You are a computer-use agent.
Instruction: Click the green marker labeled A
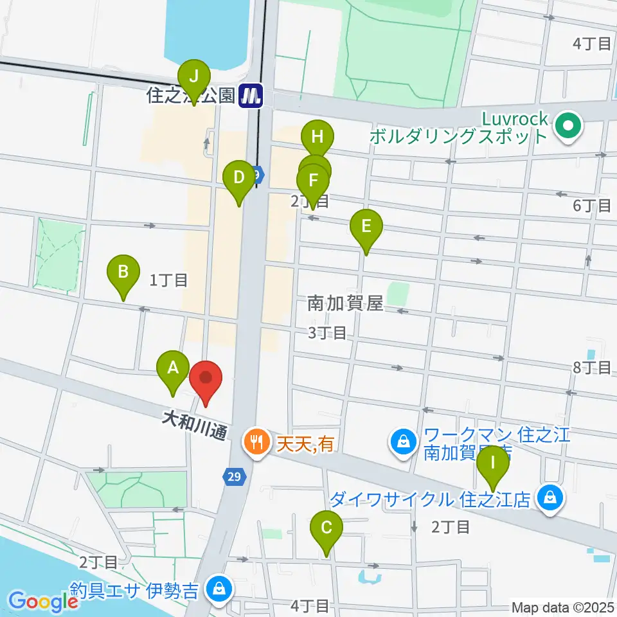point(172,369)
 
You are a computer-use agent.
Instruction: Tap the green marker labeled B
point(124,274)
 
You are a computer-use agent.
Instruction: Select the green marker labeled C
point(326,529)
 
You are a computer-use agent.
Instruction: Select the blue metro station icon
point(251,96)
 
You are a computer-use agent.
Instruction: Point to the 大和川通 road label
point(193,427)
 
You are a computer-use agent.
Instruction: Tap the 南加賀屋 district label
point(344,303)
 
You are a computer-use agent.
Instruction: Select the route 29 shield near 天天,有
point(234,476)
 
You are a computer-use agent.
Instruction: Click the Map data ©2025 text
point(563,607)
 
